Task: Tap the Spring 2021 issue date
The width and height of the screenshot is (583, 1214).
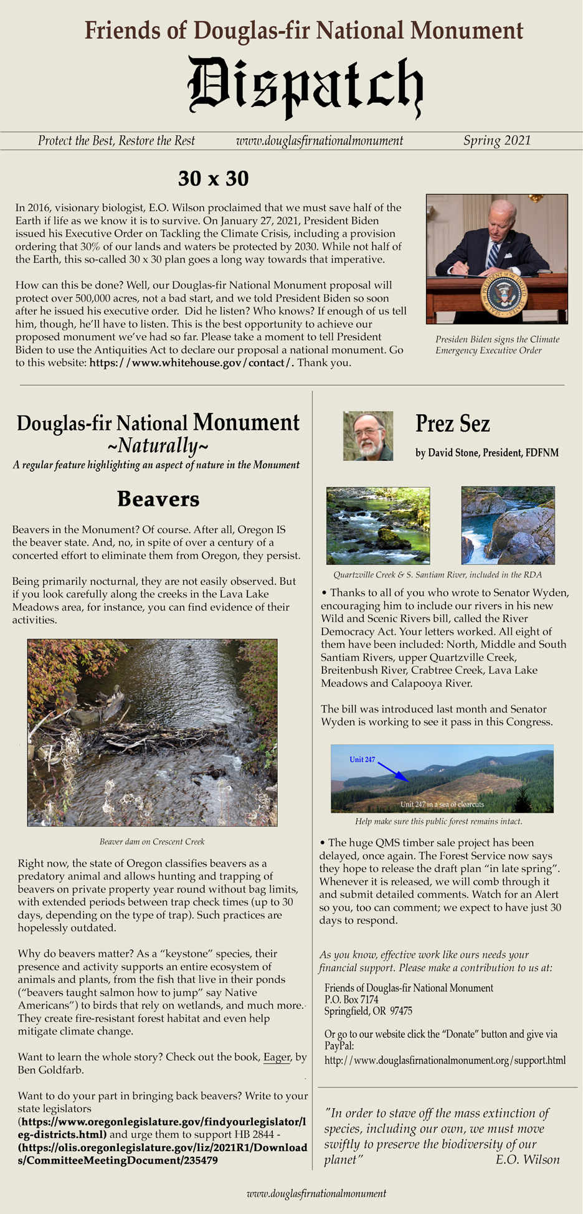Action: point(496,141)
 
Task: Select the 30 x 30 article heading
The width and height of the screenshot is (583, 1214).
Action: point(213,179)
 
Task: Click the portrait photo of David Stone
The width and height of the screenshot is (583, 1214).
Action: point(367,436)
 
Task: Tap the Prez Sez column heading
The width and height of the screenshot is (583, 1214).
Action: point(452,424)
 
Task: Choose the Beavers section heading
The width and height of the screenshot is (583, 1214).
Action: point(158,499)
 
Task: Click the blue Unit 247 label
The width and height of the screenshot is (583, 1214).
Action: point(362,759)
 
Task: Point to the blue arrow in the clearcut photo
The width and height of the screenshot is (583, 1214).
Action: point(392,771)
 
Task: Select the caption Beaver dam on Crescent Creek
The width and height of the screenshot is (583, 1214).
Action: point(152,842)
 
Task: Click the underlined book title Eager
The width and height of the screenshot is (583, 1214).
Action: point(277,1057)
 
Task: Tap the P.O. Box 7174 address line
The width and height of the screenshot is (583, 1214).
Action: point(351,1000)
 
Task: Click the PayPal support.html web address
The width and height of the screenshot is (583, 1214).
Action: point(445,1060)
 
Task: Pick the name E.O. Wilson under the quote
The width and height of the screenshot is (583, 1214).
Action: point(527,1159)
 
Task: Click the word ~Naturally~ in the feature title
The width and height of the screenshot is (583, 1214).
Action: point(158,445)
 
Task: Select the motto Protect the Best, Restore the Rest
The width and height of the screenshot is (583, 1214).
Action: point(116,141)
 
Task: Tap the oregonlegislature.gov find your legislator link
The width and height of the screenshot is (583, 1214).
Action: point(162,1127)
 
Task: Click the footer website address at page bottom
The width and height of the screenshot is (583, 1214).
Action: point(316,1193)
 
